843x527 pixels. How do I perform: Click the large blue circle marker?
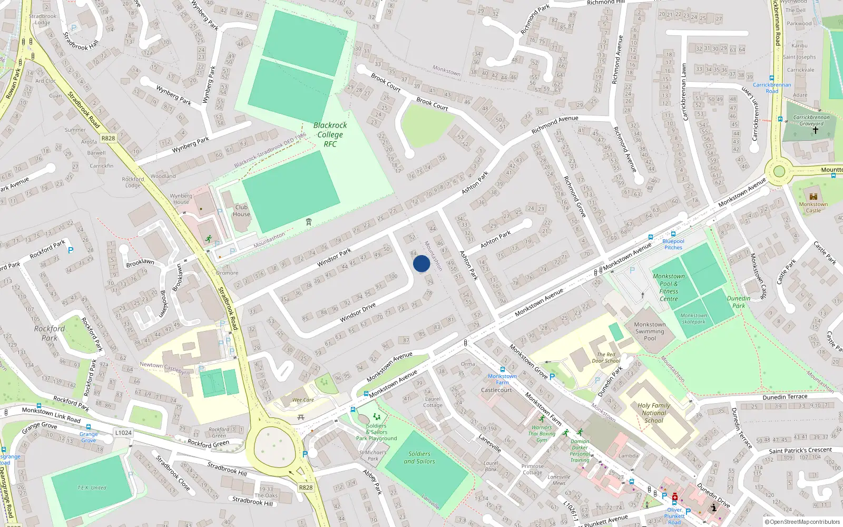(421, 263)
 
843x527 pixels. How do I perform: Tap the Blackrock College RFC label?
(330, 135)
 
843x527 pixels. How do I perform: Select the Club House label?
(241, 211)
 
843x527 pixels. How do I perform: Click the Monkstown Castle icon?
(813, 196)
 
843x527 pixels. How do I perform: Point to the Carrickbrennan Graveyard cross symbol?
(815, 130)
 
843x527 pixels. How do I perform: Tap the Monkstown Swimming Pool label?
(650, 331)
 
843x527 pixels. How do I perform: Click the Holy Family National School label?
(654, 413)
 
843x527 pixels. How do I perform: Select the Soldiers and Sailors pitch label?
(419, 457)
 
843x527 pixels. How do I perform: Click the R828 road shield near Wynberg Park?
(108, 139)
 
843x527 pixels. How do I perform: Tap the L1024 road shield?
(123, 433)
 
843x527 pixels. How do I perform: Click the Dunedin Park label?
(739, 302)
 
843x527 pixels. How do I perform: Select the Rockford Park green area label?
(50, 333)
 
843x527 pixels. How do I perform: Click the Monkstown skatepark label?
(693, 319)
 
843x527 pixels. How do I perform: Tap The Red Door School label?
(606, 358)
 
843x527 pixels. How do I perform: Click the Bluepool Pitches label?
(673, 244)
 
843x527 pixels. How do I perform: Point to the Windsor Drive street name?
(358, 313)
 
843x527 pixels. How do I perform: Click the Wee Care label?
(303, 400)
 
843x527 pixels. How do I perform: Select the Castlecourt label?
(496, 390)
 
